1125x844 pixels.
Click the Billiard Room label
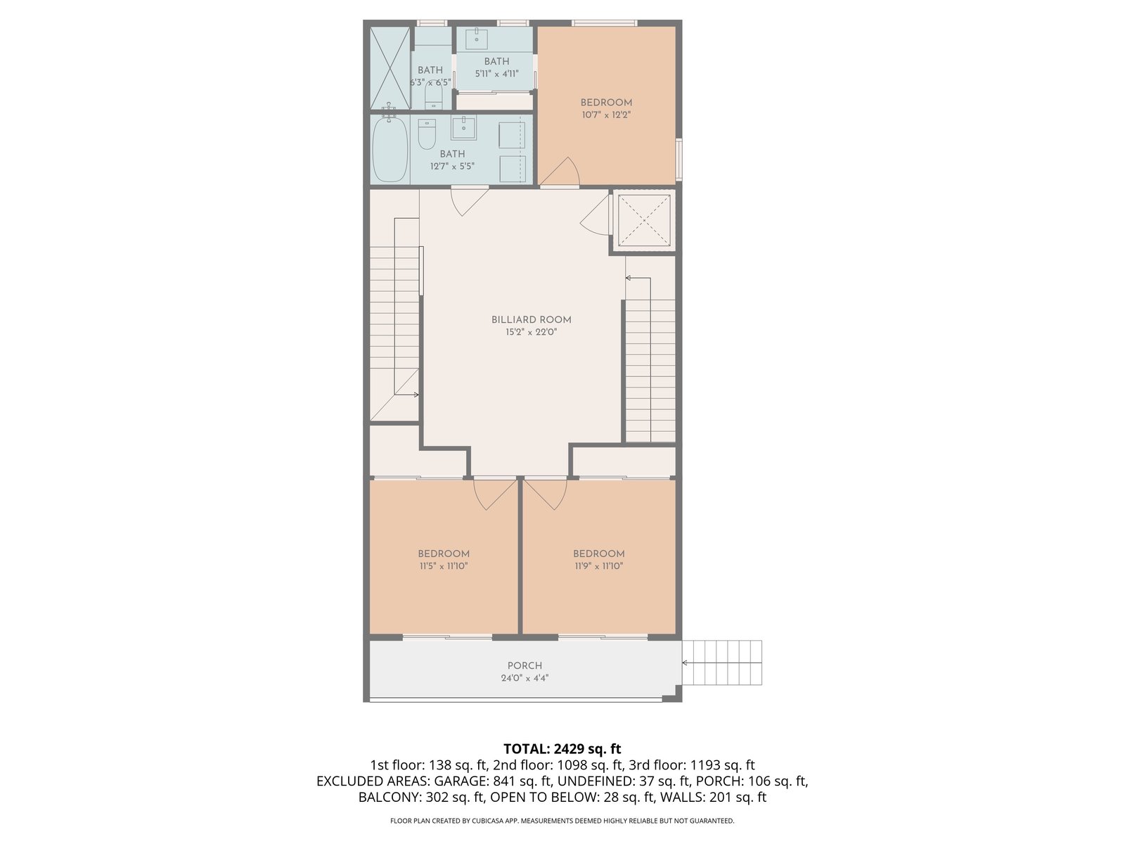click(531, 320)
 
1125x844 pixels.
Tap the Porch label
click(525, 665)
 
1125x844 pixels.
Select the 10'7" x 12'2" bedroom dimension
click(606, 115)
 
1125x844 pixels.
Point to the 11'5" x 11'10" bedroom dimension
click(444, 565)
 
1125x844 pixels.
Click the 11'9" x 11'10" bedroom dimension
click(598, 565)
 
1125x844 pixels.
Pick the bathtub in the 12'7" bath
click(390, 150)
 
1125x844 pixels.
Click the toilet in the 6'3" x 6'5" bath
click(434, 96)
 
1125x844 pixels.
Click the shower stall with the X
click(390, 68)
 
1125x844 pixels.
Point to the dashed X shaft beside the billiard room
click(644, 220)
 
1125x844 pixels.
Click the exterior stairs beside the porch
click(721, 662)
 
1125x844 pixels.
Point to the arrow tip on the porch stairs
click(683, 663)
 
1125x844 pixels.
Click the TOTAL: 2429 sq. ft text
click(562, 748)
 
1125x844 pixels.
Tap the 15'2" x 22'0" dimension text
click(531, 332)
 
